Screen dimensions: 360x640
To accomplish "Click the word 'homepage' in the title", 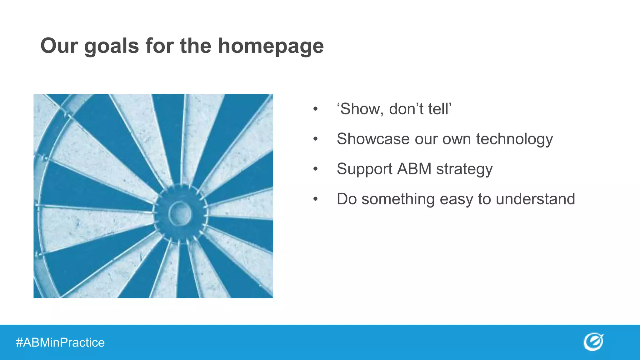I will (x=271, y=46).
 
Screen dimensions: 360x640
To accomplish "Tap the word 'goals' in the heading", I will (x=112, y=46).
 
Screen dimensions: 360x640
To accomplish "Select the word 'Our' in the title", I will (x=59, y=46).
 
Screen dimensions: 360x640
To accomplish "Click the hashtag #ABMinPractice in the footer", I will (x=60, y=342).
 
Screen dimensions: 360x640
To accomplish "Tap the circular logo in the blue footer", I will (x=593, y=342).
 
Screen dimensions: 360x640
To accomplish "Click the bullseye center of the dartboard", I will (x=180, y=213).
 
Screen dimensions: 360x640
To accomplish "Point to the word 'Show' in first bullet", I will (x=360, y=109).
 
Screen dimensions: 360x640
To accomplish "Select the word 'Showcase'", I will (x=373, y=139).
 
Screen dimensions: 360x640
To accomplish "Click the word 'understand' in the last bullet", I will (x=535, y=199).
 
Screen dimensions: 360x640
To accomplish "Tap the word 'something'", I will (x=398, y=199).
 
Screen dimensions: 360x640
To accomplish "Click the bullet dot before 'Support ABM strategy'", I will (x=316, y=169).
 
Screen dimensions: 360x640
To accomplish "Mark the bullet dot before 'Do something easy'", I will (x=316, y=199).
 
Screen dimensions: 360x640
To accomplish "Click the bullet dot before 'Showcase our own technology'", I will (x=316, y=139).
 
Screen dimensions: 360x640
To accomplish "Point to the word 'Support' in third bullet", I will (x=364, y=169).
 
